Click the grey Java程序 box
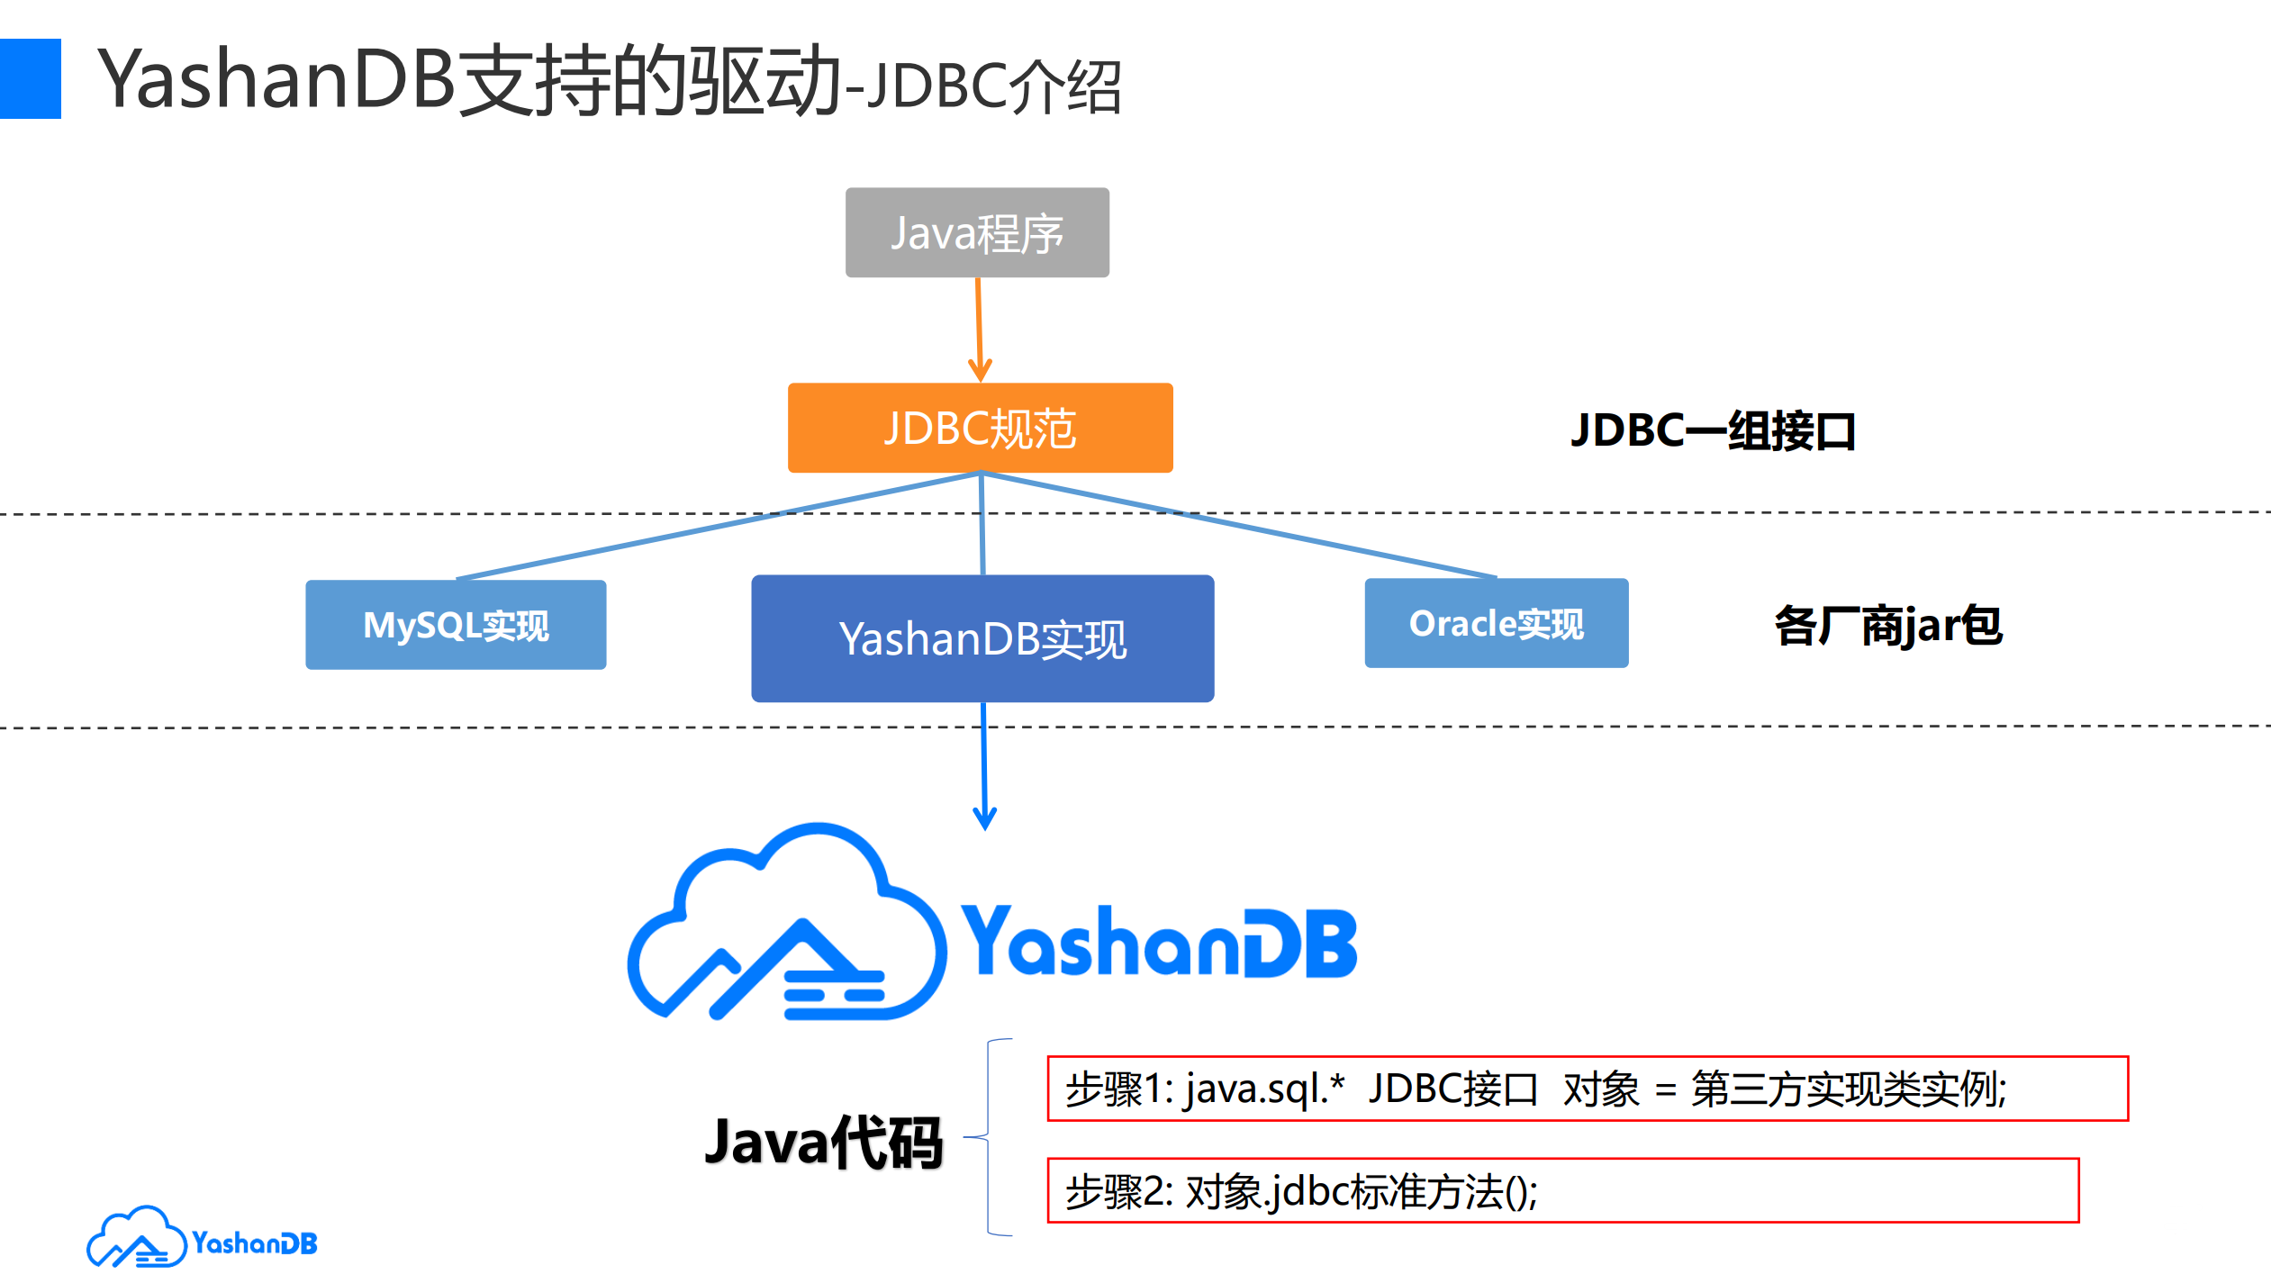point(977,232)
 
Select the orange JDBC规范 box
point(980,428)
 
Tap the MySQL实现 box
point(456,625)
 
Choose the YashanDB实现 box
point(982,638)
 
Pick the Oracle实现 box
point(1496,623)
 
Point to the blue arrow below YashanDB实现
point(984,765)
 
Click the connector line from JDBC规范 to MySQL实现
point(720,526)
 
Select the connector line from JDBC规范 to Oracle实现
point(1243,526)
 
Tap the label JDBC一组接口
point(1713,430)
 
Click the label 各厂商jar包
point(1887,626)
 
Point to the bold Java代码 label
point(823,1143)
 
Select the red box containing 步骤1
point(1587,1089)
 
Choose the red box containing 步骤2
point(1562,1190)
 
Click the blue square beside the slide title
point(30,78)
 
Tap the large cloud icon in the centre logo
point(785,927)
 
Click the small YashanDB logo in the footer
point(202,1241)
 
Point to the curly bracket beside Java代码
point(989,1137)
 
